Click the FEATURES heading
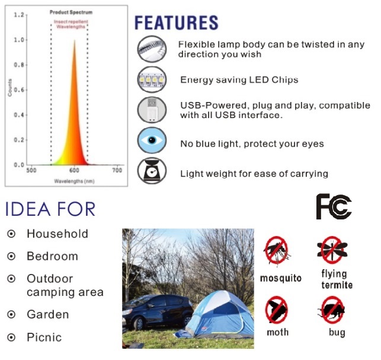coord(177,23)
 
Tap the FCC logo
coord(334,207)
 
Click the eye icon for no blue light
coord(152,141)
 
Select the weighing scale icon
coord(152,171)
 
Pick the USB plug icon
coord(152,110)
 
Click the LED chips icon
coord(152,79)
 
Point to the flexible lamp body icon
coord(152,49)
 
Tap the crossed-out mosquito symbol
coord(277,250)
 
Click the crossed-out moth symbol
coord(277,310)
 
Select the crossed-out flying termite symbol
coord(332,250)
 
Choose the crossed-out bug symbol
coord(332,310)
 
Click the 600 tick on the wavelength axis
coord(74,170)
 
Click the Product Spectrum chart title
coord(71,12)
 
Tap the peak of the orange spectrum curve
coord(75,40)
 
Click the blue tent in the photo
coord(216,314)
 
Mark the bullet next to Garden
coord(11,314)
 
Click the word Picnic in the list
coord(44,337)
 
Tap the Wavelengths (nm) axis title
coord(74,181)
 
